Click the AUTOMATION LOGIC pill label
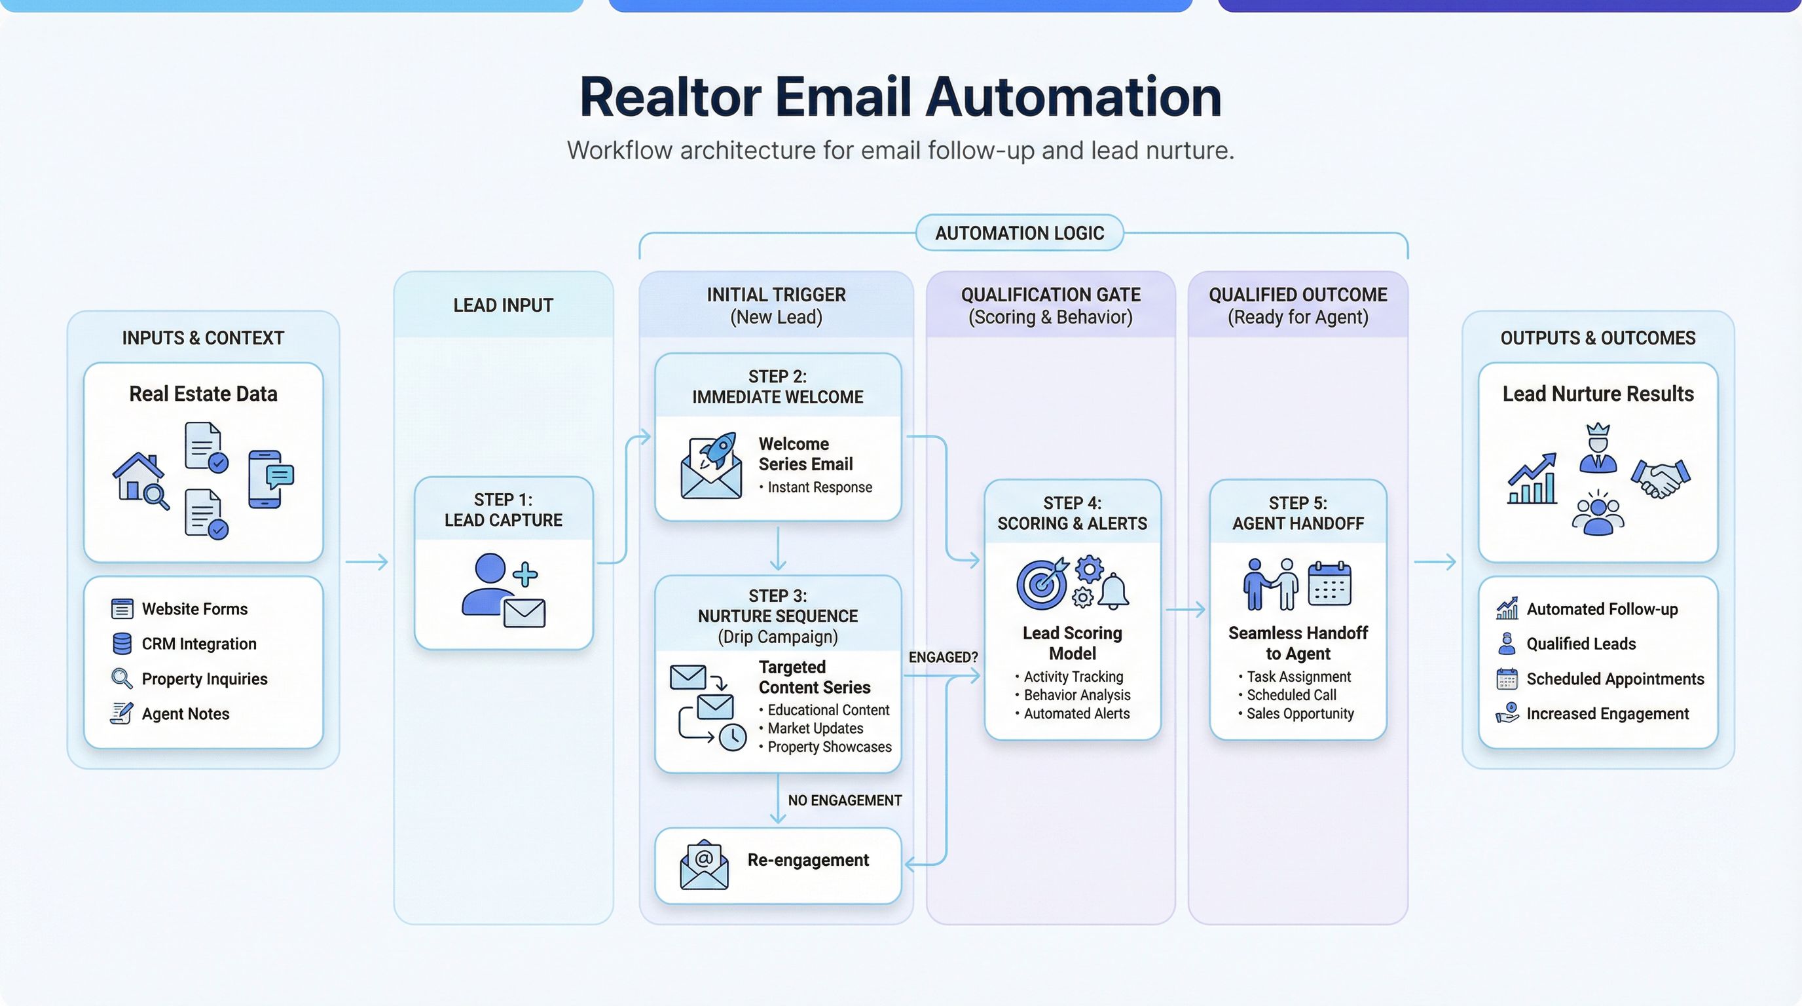(x=1020, y=233)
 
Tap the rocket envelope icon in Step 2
(x=711, y=465)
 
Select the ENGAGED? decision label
(x=943, y=657)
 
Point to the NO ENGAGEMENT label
(x=844, y=800)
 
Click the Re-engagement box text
(x=808, y=860)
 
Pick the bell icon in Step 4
(x=1113, y=591)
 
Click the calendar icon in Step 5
(x=1329, y=583)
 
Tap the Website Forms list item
(x=194, y=608)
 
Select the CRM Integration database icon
(x=122, y=644)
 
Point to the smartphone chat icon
(x=270, y=479)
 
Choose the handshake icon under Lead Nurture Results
(x=1660, y=478)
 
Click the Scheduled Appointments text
(x=1615, y=679)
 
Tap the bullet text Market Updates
(x=815, y=728)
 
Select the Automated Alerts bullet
(x=1076, y=714)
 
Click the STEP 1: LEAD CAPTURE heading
(x=503, y=510)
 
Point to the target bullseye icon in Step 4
(x=1041, y=584)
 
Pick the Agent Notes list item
(x=185, y=714)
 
